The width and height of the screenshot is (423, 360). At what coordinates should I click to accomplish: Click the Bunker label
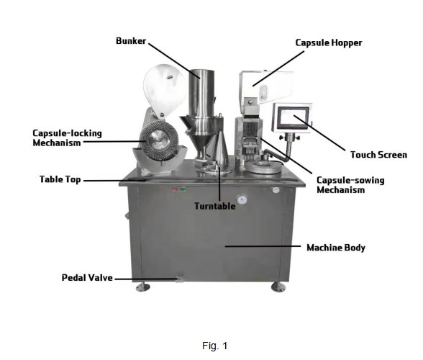[131, 41]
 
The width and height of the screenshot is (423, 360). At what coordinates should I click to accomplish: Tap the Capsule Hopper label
[329, 43]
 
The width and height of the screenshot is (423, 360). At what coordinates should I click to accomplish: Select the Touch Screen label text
[378, 155]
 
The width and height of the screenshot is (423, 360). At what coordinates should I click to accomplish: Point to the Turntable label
[214, 206]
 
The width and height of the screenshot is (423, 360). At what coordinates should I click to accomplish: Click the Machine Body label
[336, 248]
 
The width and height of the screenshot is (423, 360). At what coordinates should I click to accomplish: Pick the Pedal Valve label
[87, 278]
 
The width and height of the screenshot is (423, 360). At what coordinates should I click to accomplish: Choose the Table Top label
[60, 179]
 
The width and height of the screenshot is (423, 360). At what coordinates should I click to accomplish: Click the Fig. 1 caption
[214, 346]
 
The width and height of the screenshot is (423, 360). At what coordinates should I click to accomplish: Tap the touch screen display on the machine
[294, 118]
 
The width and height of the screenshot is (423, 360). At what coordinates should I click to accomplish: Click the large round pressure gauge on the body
[242, 199]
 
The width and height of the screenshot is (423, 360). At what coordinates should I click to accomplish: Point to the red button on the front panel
[175, 189]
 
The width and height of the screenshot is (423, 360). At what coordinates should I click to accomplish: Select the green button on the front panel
[183, 189]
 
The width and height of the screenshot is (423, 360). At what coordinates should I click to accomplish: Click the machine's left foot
[142, 287]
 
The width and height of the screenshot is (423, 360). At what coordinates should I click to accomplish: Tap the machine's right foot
[278, 287]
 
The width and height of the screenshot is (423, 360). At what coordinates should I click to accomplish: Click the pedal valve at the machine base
[180, 278]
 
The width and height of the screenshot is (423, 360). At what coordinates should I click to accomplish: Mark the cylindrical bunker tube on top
[201, 93]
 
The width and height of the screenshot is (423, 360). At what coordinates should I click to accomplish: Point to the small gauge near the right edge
[276, 190]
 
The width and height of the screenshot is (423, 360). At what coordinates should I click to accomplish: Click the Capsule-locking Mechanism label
[67, 138]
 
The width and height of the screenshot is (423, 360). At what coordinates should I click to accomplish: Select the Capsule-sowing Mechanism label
[350, 185]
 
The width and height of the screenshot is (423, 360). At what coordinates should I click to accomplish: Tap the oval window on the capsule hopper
[264, 93]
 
